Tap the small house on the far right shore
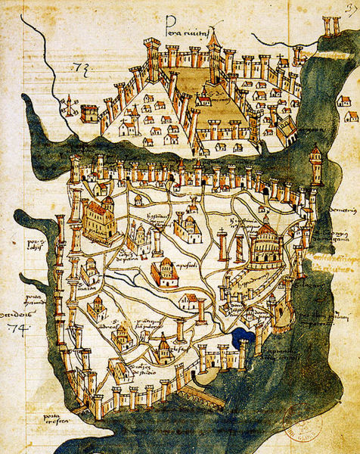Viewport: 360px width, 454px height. point(351,117)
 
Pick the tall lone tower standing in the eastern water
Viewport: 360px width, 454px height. point(315,164)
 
